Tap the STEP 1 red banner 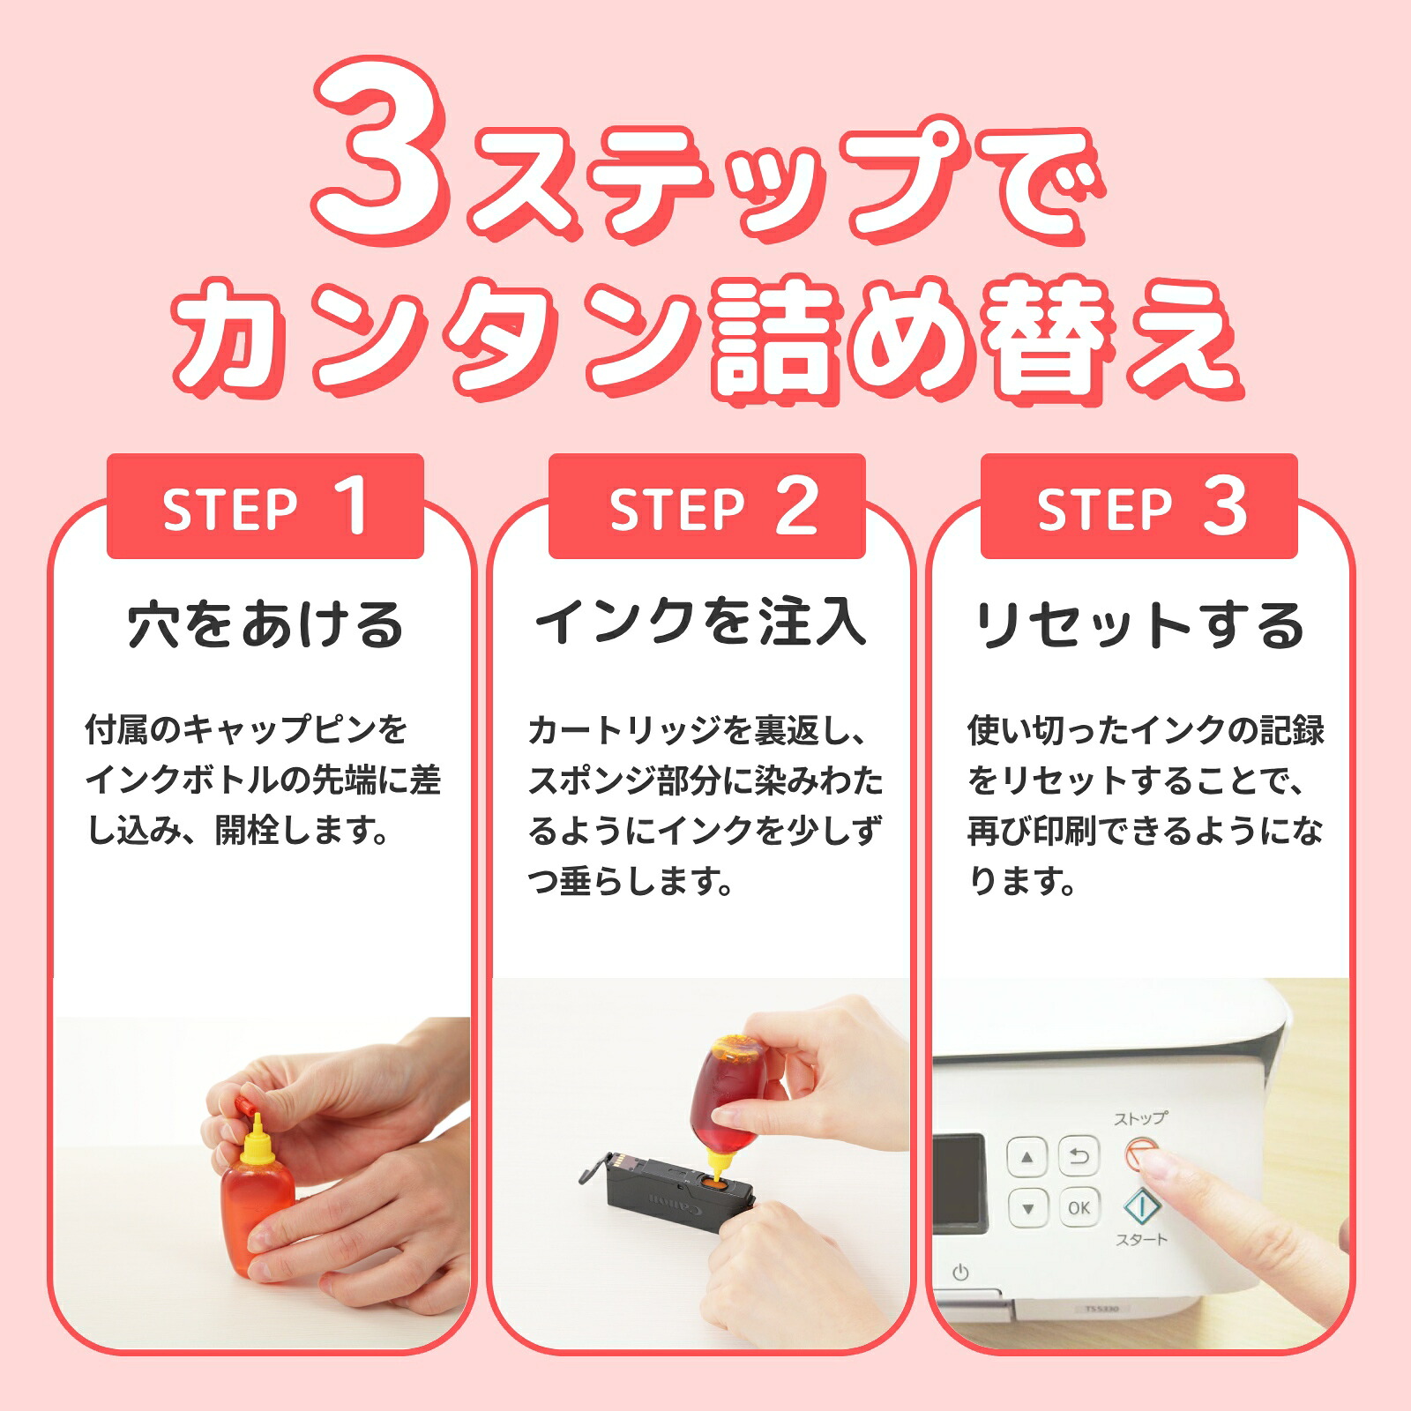[x=265, y=507]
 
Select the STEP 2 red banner [x=706, y=507]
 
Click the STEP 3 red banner [x=1139, y=507]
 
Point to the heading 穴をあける [x=265, y=625]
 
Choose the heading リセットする [x=1139, y=625]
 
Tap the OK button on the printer [x=1079, y=1207]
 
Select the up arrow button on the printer [x=1027, y=1156]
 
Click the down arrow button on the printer [x=1027, y=1207]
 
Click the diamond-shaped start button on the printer [x=1141, y=1206]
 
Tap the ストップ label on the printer [x=1140, y=1118]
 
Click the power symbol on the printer [x=961, y=1273]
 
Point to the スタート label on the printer [x=1141, y=1240]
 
